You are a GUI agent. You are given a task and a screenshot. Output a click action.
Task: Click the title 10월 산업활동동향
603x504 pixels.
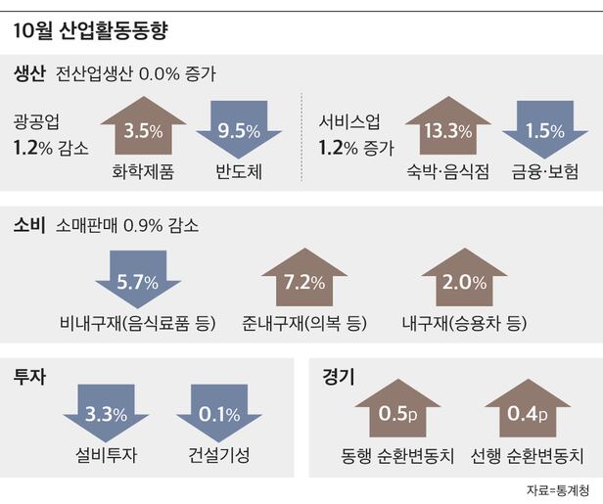[91, 31]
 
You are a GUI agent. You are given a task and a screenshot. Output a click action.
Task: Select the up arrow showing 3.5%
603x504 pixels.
[143, 128]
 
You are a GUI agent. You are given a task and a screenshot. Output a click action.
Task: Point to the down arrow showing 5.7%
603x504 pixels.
[138, 280]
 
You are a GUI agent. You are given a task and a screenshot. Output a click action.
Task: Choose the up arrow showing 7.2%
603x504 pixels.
[303, 280]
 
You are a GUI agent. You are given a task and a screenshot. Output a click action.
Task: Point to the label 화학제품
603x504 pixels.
[143, 172]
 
